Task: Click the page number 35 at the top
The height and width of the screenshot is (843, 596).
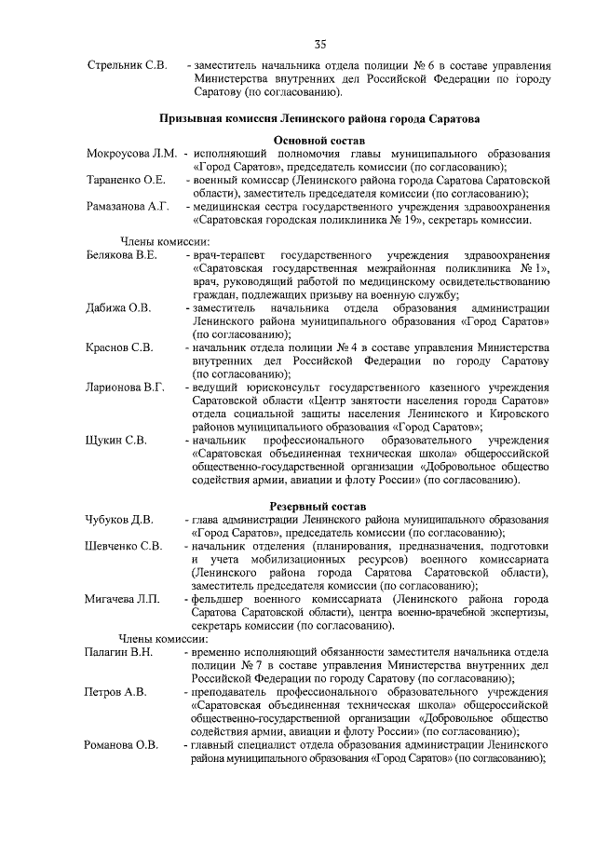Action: click(x=319, y=43)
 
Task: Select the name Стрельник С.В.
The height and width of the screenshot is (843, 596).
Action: click(x=127, y=65)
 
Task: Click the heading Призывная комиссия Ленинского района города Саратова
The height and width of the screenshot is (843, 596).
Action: click(x=319, y=119)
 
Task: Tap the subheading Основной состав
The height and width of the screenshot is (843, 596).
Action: click(x=319, y=139)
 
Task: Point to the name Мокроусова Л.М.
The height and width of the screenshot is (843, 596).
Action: click(x=131, y=152)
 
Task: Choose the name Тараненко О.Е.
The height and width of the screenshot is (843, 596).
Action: click(x=126, y=179)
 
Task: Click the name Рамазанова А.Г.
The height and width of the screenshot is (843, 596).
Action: click(x=128, y=206)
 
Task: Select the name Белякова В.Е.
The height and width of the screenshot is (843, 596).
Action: click(x=122, y=254)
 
